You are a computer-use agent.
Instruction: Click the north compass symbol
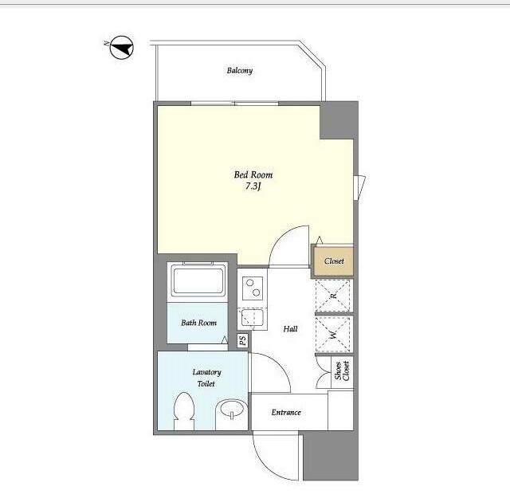pos(122,48)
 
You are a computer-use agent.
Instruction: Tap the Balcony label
pos(240,70)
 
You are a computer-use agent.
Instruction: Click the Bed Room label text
pos(253,175)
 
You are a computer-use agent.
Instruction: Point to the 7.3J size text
pos(253,186)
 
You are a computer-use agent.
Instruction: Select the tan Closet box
pos(334,261)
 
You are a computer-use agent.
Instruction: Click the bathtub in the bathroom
pos(198,280)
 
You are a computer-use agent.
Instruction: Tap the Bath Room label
pos(198,323)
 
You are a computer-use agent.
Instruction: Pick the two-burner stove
pos(253,288)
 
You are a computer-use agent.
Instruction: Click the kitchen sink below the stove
pos(252,318)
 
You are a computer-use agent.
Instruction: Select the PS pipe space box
pos(242,340)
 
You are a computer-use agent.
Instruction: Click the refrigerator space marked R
pos(333,296)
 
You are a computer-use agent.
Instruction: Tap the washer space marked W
pos(333,335)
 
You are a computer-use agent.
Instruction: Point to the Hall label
pos(290,329)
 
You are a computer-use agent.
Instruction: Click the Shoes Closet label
pos(342,371)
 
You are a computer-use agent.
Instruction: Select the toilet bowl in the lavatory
pos(184,410)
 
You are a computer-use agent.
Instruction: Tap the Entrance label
pos(286,413)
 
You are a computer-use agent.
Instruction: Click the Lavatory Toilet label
pos(206,378)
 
